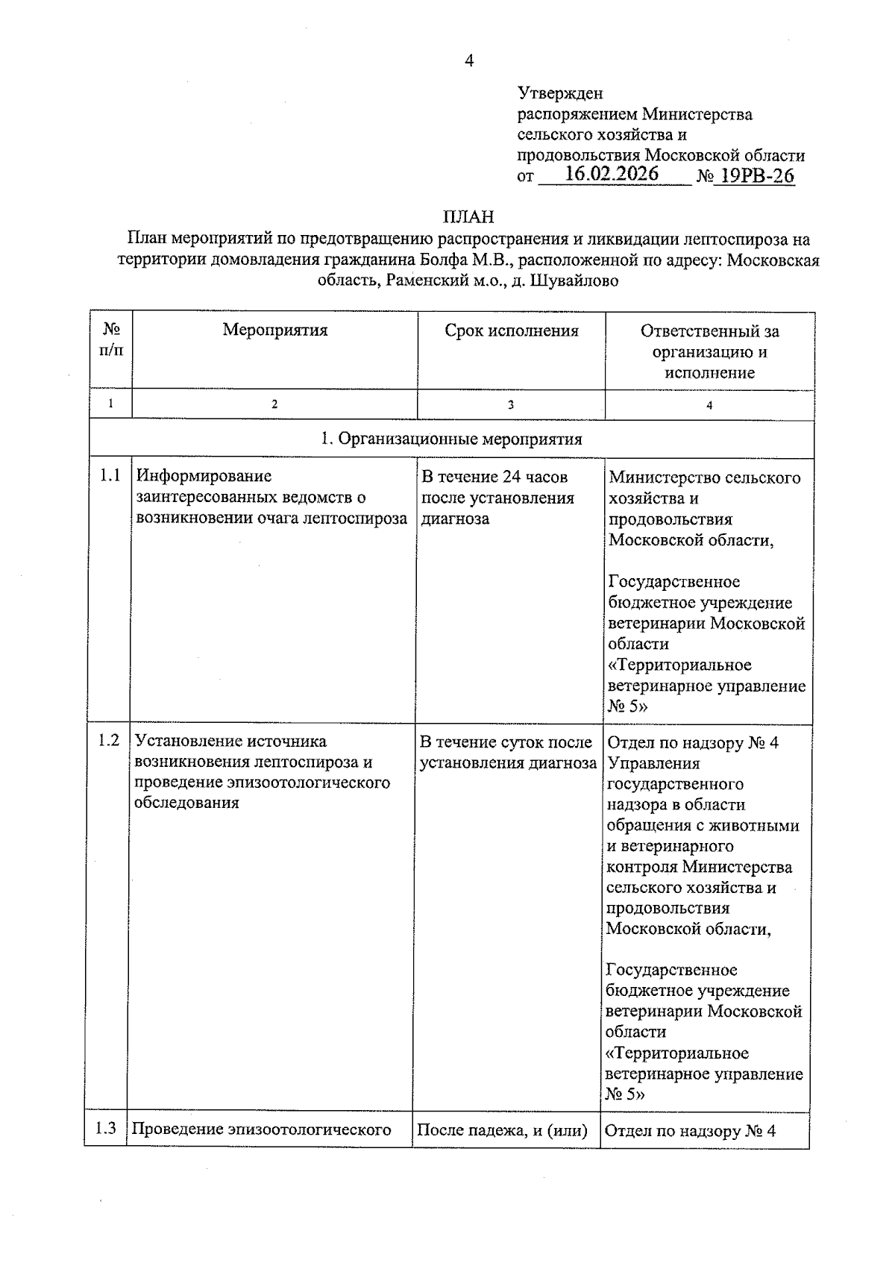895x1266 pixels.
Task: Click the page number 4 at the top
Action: point(468,61)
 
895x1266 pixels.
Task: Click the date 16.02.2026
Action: point(612,175)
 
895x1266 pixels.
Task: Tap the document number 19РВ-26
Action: point(753,177)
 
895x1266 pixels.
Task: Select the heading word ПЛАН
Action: point(468,217)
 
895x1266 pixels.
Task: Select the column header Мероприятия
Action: point(274,330)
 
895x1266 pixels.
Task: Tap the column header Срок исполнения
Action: point(511,330)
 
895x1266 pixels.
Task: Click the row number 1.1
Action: point(110,476)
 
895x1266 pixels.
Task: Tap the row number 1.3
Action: point(106,1128)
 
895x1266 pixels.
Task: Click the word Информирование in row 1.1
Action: point(204,476)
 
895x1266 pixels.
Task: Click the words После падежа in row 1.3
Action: point(469,1129)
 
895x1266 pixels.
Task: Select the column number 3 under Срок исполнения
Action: point(511,405)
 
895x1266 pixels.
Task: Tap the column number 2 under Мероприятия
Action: point(274,404)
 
